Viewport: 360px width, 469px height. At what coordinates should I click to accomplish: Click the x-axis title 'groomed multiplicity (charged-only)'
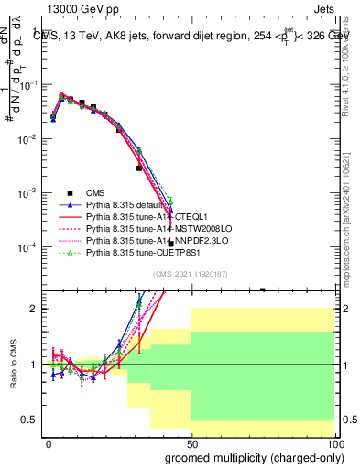246,458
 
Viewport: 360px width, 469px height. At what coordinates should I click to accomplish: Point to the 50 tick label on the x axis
191,442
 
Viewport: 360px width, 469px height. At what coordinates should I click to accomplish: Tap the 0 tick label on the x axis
49,442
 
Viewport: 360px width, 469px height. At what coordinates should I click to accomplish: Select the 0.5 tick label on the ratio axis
29,420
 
